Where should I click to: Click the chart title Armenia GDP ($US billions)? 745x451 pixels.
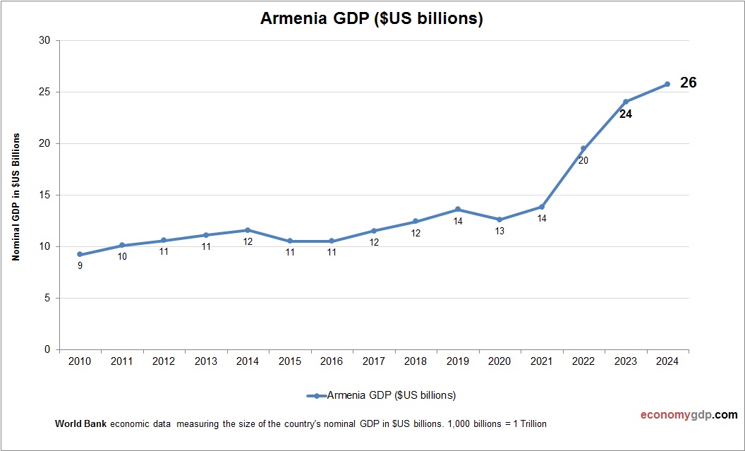(372, 19)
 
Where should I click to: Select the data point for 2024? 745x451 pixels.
(667, 84)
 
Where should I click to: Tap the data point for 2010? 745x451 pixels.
(80, 254)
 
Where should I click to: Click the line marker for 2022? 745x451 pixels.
(583, 149)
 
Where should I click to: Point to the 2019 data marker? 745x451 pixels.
(458, 209)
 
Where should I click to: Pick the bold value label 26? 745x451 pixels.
(688, 83)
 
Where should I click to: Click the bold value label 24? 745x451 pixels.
(625, 114)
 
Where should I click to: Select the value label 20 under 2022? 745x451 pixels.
(583, 160)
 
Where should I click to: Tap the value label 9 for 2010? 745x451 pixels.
(80, 266)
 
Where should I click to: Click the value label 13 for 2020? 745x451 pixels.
(499, 231)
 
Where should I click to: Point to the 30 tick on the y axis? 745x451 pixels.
(44, 40)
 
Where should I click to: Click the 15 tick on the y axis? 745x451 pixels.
(44, 195)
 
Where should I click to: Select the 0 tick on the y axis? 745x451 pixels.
(47, 349)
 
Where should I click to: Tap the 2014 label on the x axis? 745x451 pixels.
(248, 361)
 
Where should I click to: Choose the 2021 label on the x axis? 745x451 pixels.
(541, 361)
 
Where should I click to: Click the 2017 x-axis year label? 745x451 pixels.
(373, 361)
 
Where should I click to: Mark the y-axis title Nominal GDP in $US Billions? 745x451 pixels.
(16, 196)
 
